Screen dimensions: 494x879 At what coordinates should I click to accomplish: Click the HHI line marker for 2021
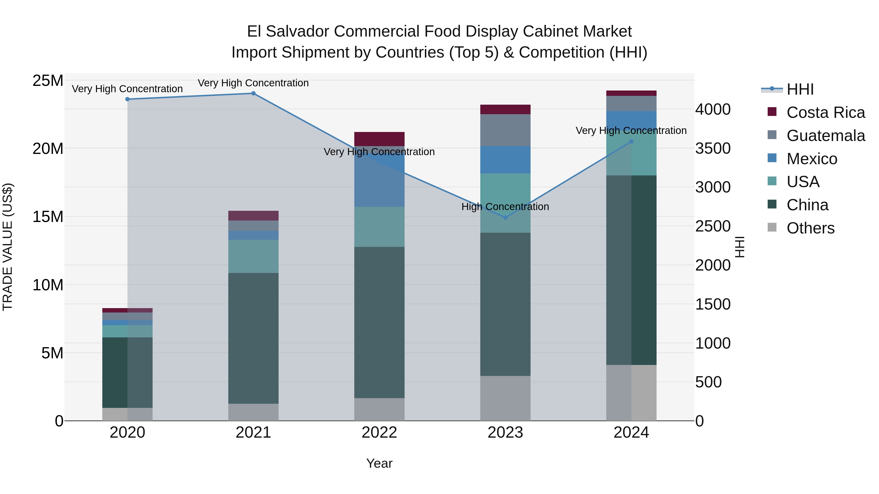click(x=253, y=93)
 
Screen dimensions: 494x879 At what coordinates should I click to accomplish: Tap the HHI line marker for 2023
click(x=505, y=218)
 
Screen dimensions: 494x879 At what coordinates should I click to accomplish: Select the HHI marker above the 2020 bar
click(x=127, y=99)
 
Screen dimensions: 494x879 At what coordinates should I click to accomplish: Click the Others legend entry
click(x=810, y=228)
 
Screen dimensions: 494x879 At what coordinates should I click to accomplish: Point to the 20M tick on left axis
click(x=48, y=149)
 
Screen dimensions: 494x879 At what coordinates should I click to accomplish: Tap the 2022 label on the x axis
click(x=379, y=433)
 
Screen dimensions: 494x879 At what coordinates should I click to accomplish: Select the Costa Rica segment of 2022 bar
click(x=379, y=139)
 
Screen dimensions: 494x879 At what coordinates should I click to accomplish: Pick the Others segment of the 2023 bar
click(x=505, y=398)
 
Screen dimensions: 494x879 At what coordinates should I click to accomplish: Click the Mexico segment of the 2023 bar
click(x=505, y=160)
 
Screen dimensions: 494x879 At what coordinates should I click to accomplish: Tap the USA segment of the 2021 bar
click(x=253, y=256)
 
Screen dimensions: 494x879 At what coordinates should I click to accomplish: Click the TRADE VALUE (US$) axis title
click(x=8, y=247)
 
